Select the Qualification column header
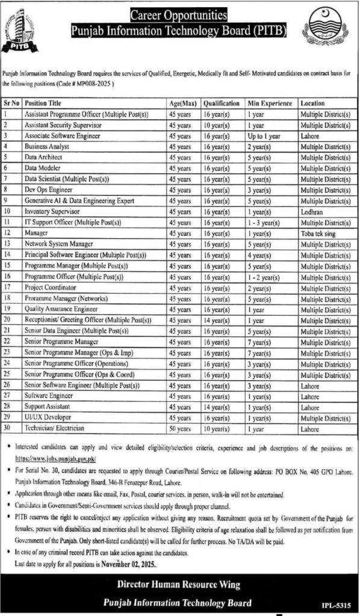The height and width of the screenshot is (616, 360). [222, 103]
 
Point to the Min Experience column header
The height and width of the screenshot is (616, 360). [270, 103]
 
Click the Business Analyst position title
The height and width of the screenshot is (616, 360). [46, 146]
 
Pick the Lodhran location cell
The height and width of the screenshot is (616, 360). [312, 212]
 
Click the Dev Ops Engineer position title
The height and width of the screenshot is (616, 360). [47, 189]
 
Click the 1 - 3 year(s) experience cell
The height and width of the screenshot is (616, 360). [266, 223]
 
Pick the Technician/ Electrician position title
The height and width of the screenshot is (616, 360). [55, 427]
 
